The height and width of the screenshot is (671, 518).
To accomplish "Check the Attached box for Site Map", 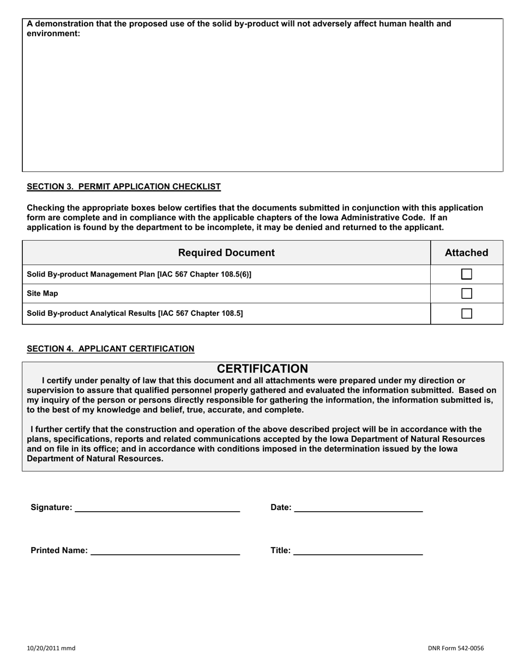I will [x=466, y=293].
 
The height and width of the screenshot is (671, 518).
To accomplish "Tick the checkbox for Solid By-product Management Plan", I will [x=466, y=274].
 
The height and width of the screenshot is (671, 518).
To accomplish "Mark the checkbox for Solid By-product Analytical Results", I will [x=466, y=313].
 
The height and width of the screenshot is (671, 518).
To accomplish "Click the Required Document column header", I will [x=226, y=253].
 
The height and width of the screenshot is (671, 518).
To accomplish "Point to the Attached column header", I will [x=466, y=253].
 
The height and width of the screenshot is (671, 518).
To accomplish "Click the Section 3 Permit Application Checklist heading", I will [x=124, y=187].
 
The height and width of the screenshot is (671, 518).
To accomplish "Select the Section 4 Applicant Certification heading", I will [x=110, y=349].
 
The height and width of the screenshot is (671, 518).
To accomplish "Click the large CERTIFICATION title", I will [x=262, y=369].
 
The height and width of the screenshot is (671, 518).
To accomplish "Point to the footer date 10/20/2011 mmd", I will [x=51, y=648].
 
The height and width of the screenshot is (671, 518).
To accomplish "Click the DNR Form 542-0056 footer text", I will [x=455, y=648].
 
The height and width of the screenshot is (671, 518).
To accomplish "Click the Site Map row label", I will [x=43, y=293].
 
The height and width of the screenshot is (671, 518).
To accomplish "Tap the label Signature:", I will [x=51, y=507].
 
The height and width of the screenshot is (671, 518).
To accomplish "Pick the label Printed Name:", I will [x=59, y=550].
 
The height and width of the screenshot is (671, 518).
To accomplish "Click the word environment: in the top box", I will [x=53, y=33].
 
